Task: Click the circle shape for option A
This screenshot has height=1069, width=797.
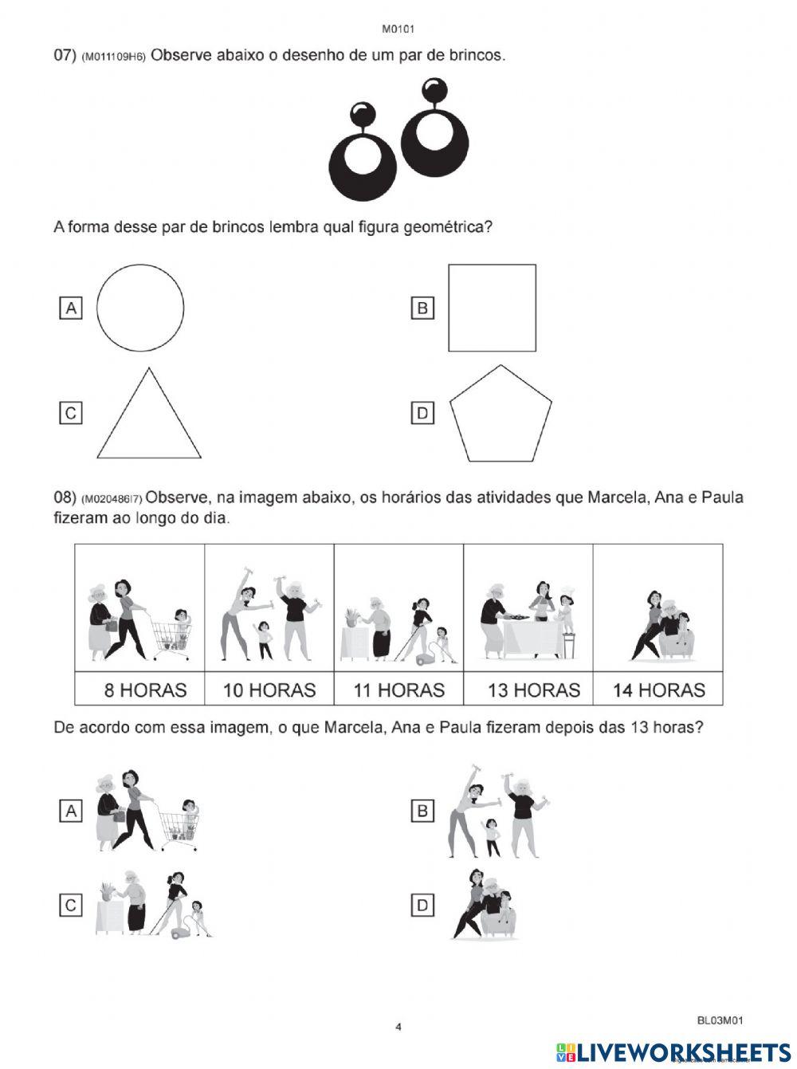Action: tap(140, 308)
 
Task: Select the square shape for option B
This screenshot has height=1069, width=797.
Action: tap(492, 308)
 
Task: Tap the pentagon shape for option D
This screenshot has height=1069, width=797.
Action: tap(501, 415)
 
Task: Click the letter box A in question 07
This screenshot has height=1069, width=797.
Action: tap(71, 308)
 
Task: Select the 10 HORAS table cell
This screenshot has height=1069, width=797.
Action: tap(269, 690)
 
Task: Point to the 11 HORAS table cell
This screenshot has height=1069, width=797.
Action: tap(398, 690)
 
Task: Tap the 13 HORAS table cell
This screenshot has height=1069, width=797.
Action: tap(528, 690)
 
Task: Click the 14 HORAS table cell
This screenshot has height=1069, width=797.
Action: tap(658, 690)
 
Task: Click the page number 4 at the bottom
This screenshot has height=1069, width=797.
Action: tap(398, 1027)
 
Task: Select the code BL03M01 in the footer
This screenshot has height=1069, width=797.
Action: tap(720, 1020)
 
